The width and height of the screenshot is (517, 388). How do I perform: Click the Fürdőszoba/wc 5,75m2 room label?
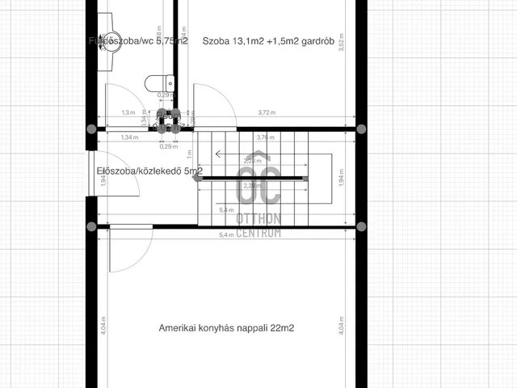point(139,41)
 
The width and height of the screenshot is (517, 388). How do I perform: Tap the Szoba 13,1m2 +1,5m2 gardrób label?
point(258,41)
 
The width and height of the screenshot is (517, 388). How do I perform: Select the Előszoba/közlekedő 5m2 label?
point(149,171)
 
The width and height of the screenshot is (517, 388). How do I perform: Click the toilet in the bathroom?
point(157,82)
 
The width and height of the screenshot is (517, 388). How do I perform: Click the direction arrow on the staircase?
point(217,152)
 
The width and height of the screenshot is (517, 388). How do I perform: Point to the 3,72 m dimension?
point(266,113)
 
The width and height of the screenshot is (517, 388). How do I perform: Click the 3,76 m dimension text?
point(263,137)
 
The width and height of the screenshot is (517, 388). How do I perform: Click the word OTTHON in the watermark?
point(258,219)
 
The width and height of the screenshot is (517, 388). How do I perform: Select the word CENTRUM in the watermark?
point(258,233)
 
